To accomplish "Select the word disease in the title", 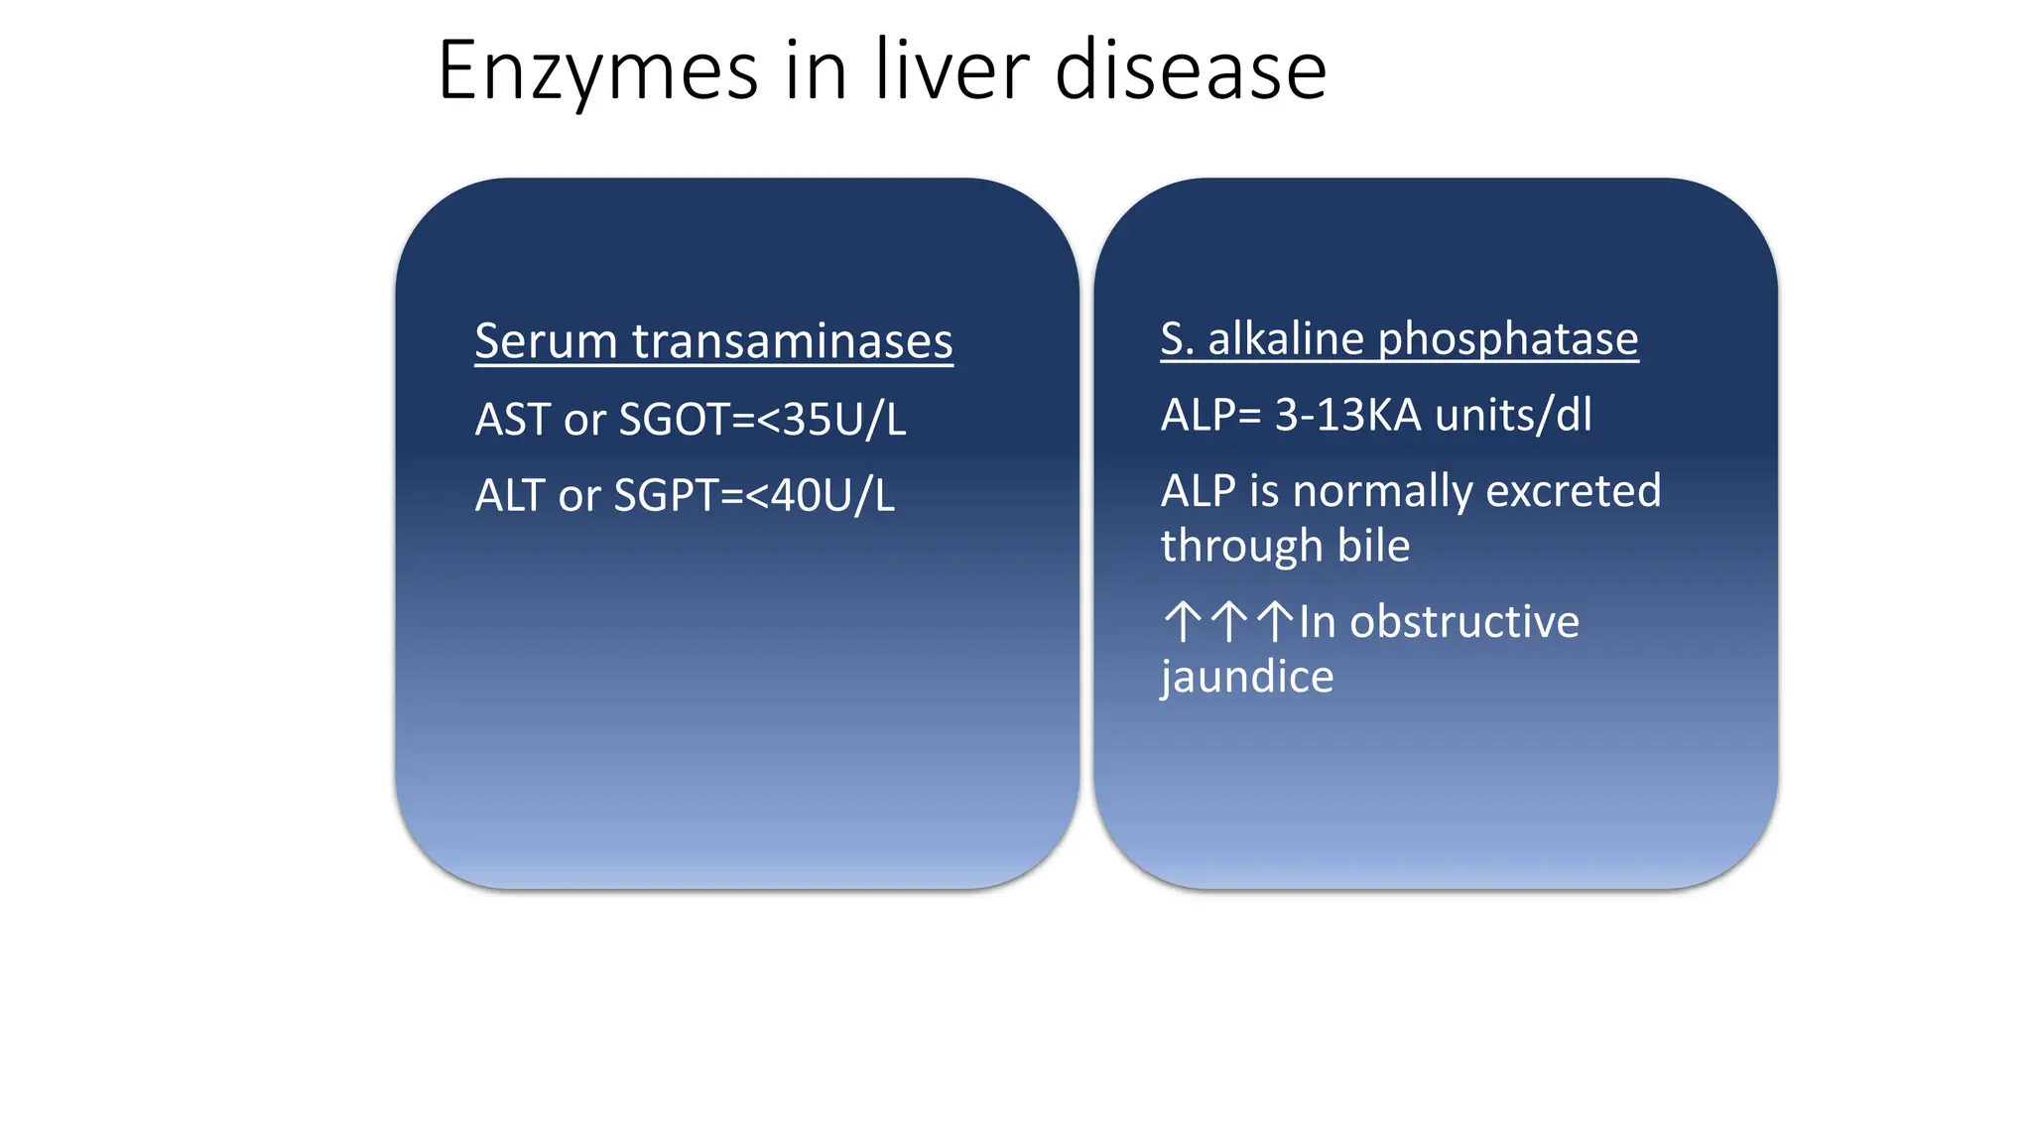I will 1191,71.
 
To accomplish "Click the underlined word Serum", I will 547,341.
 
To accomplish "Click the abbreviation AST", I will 512,419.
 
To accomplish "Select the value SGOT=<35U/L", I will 762,419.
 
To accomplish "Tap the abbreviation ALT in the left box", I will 510,495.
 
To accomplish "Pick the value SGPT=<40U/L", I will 754,495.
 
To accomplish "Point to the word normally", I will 1383,492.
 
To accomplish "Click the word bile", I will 1373,546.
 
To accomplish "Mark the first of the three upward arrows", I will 1182,622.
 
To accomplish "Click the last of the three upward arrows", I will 1275,622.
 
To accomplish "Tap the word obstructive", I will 1464,622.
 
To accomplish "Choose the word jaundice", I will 1247,678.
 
